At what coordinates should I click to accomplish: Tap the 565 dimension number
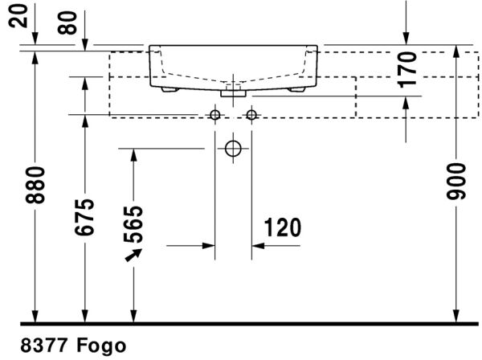pos(133,226)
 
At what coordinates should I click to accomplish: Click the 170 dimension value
pos(409,69)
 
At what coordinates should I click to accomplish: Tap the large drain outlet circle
pos(233,149)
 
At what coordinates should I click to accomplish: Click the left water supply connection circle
pos(214,115)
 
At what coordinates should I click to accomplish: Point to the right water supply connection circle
pos(251,115)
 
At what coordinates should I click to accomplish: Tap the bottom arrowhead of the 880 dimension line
pos(35,316)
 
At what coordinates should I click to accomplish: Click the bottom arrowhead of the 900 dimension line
pos(455,316)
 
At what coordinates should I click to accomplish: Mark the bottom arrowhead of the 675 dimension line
pos(84,316)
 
